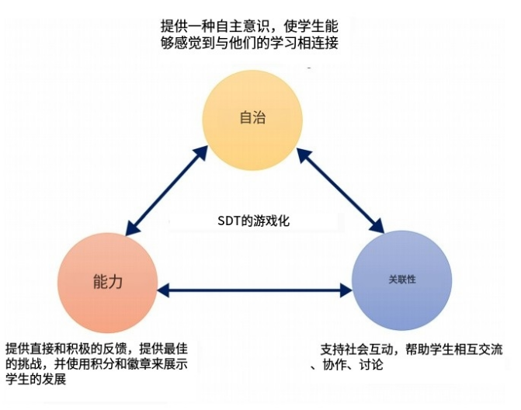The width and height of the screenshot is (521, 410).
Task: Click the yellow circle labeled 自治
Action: tap(252, 120)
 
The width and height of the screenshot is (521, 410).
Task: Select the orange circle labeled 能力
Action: tap(107, 283)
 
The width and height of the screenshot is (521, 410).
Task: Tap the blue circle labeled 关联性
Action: tap(401, 281)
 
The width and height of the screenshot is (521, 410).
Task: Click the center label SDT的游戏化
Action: tap(254, 221)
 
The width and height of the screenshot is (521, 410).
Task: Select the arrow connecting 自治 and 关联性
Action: tap(341, 190)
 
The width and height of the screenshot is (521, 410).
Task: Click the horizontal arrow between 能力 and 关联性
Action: tap(255, 290)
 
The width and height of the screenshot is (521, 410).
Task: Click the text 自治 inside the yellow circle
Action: tap(252, 117)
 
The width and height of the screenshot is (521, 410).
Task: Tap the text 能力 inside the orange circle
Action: tap(108, 282)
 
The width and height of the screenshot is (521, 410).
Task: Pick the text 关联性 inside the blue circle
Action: tap(402, 279)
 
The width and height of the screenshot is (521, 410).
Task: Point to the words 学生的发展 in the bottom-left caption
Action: tap(36, 379)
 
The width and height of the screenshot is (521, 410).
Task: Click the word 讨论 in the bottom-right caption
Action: tap(371, 364)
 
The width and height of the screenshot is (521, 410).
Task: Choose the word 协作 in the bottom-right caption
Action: tap(335, 364)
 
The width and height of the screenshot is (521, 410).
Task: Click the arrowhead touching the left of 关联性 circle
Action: tap(346, 290)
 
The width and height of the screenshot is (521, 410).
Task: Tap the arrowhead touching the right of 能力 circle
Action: tap(164, 290)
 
